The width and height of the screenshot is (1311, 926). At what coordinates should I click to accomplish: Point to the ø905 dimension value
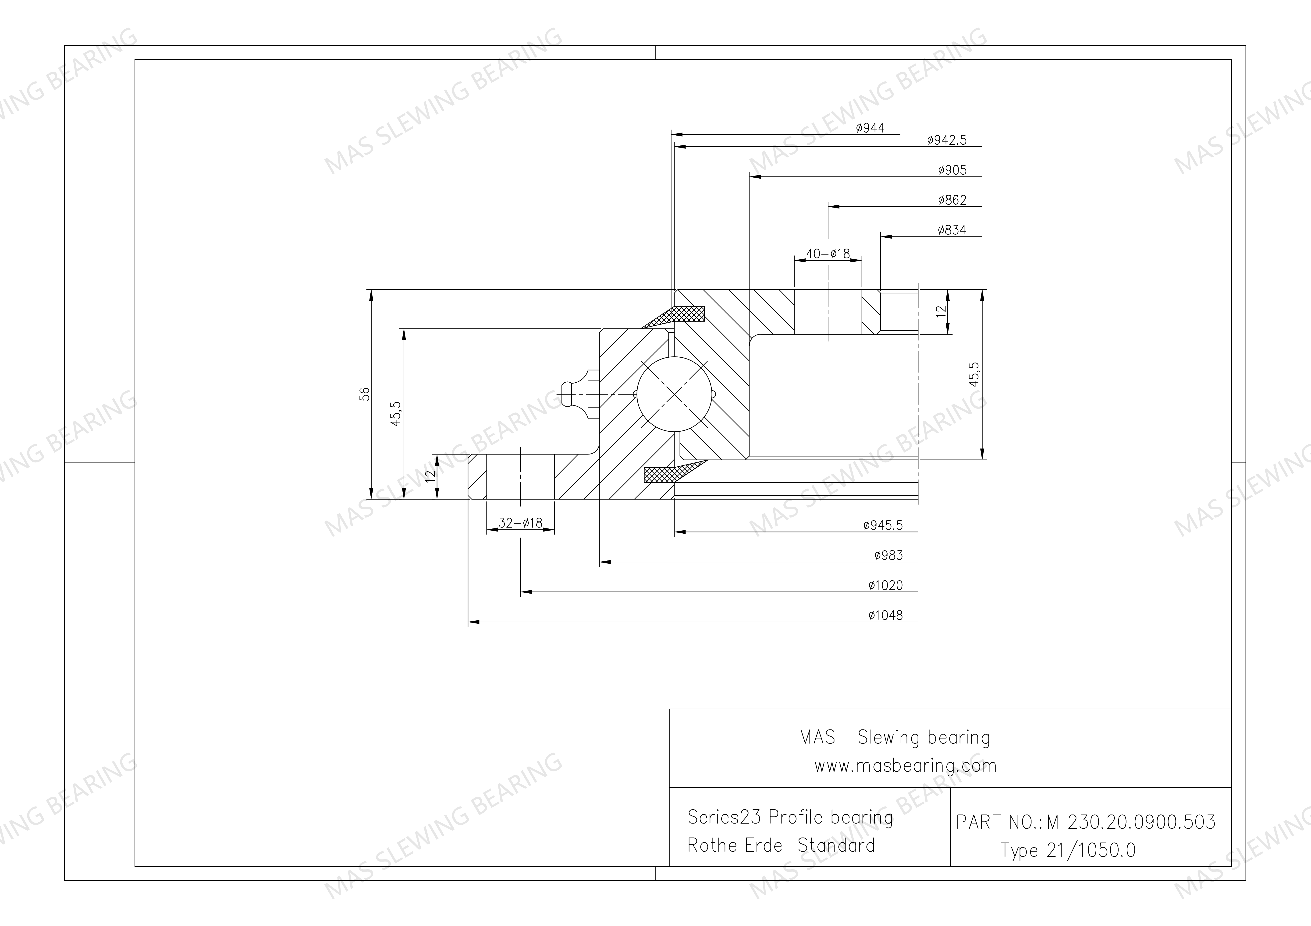pos(952,170)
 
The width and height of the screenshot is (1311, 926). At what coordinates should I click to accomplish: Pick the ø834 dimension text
pos(952,230)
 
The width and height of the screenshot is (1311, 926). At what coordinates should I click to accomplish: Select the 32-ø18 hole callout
pos(520,523)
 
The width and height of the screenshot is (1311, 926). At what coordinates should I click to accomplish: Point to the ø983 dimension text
pos(888,555)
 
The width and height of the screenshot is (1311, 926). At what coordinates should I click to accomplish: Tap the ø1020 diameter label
pos(886,585)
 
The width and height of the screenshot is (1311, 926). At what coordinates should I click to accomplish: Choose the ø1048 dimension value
pos(886,615)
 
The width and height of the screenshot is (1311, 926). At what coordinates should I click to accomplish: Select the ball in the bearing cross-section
pos(675,394)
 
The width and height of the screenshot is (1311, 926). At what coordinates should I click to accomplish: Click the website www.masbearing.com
pos(905,766)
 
